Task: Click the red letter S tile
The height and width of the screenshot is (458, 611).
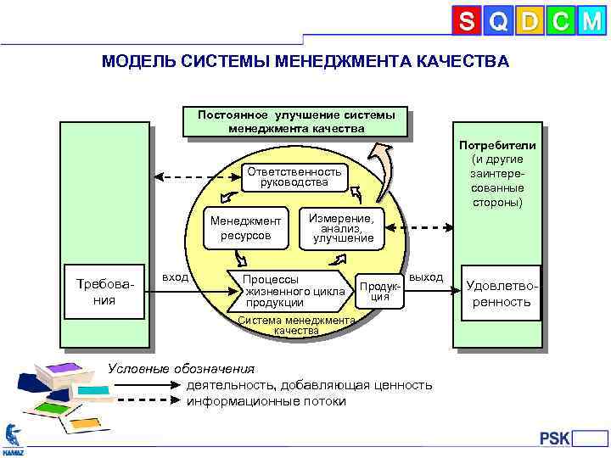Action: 466,22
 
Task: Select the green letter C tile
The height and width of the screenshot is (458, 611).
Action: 558,22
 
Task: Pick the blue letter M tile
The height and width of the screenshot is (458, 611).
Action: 590,22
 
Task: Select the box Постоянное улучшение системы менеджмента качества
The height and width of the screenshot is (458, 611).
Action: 296,122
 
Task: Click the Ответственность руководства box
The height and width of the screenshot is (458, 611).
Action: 294,177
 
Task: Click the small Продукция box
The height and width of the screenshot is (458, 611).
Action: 378,291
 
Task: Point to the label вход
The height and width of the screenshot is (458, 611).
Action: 175,277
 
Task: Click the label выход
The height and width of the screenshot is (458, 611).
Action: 425,277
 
